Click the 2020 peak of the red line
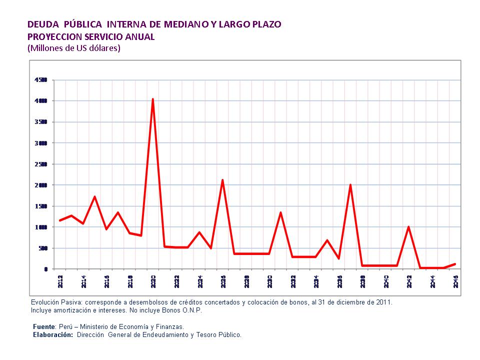click(x=152, y=99)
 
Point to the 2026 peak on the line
click(x=222, y=180)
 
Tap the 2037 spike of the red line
click(x=350, y=185)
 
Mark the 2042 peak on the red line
click(x=408, y=227)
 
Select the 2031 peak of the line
click(x=280, y=212)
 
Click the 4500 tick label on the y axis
click(x=40, y=80)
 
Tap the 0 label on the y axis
click(x=45, y=269)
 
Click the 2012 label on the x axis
click(x=60, y=281)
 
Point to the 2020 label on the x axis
click(x=153, y=281)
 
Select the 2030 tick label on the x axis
click(x=269, y=281)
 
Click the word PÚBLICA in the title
click(x=83, y=24)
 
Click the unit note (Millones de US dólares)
click(x=74, y=48)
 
